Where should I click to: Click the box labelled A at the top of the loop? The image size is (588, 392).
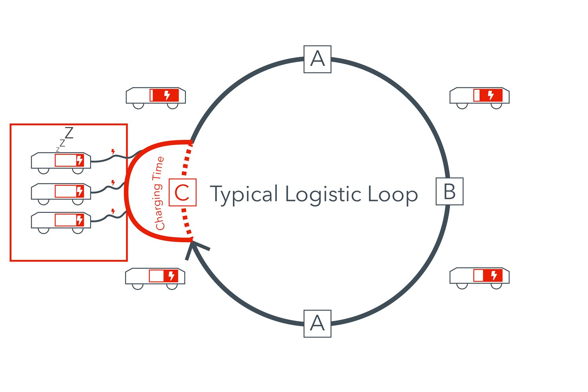(318, 59)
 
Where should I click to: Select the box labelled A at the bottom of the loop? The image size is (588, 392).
(318, 324)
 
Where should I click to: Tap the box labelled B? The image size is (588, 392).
(450, 191)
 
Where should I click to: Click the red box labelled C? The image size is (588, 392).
(182, 192)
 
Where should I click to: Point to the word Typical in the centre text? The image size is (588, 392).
(244, 194)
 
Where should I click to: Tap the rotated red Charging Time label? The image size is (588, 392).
(159, 193)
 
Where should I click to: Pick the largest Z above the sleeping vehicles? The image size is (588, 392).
(69, 133)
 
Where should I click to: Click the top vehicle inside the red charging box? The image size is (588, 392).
(61, 161)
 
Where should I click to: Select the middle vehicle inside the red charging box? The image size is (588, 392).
(61, 192)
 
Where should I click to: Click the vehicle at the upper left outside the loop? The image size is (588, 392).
(156, 96)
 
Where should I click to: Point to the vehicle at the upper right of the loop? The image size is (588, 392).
(479, 96)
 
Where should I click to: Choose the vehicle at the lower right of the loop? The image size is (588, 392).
(479, 276)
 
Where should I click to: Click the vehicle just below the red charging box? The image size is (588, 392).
(155, 277)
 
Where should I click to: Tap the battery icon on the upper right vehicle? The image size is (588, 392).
(488, 95)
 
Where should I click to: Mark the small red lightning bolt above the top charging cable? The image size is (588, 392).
(113, 151)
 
